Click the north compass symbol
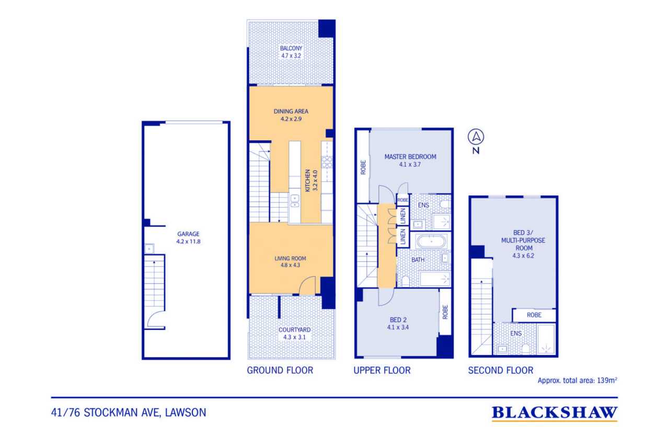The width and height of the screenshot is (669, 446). [x=476, y=137]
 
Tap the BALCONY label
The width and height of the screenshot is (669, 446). [x=291, y=48]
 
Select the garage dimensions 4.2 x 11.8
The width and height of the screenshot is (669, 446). [x=188, y=242]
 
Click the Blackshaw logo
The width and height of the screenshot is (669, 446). [x=555, y=414]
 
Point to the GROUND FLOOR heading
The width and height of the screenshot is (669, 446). [x=280, y=370]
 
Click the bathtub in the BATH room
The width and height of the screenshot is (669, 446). [x=432, y=241]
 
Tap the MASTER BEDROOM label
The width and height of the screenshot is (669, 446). [x=410, y=156]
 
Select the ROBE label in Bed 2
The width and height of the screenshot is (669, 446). [x=445, y=312]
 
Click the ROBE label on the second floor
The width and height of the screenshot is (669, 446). [x=534, y=315]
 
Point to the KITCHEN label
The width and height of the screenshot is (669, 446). [x=308, y=180]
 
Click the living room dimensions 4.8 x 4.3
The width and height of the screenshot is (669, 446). [x=290, y=265]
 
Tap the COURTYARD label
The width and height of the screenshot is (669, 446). [x=294, y=329]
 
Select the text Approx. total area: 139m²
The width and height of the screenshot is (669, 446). [x=578, y=380]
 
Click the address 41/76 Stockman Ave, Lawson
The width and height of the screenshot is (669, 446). [x=129, y=413]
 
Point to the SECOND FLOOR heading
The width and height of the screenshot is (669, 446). [x=501, y=370]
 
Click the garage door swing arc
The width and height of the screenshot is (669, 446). [x=152, y=317]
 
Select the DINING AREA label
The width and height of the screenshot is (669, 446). [x=291, y=111]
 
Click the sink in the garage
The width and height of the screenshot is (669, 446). [x=149, y=248]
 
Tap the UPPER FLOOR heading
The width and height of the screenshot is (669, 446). [x=382, y=370]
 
